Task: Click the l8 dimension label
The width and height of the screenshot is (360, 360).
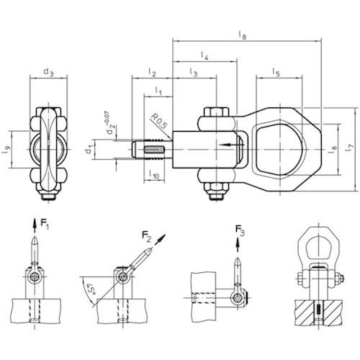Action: (x=243, y=35)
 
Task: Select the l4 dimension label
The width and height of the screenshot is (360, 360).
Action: (x=204, y=55)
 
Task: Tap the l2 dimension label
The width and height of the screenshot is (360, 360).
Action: (x=152, y=72)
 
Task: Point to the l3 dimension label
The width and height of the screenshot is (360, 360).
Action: (x=194, y=72)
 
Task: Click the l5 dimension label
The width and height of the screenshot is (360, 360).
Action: (x=276, y=72)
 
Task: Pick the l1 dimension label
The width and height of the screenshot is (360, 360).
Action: (x=158, y=91)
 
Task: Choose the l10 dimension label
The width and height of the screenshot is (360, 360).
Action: (x=154, y=174)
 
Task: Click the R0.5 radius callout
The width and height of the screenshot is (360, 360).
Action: (x=158, y=122)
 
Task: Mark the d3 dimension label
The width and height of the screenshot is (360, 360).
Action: (x=49, y=72)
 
